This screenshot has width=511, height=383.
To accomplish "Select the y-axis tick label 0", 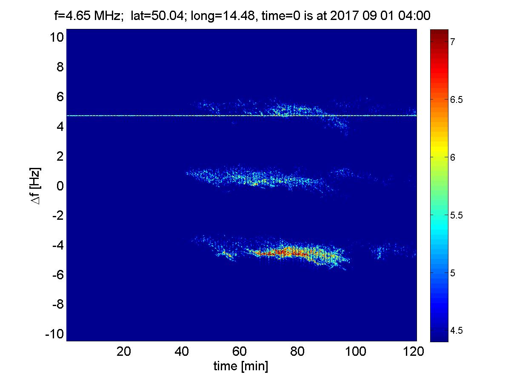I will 60,186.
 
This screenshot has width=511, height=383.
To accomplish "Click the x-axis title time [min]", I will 241,366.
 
